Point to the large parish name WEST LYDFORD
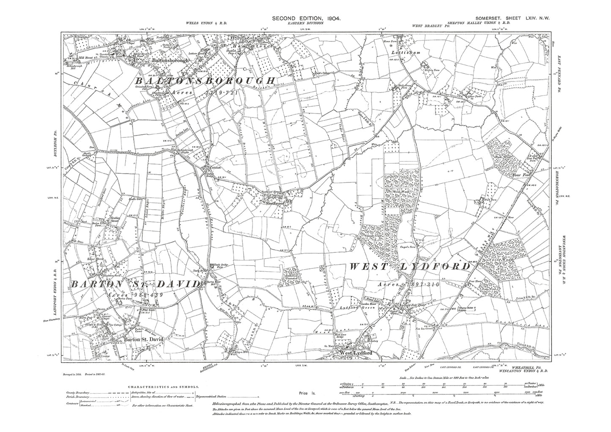(x=409, y=267)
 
